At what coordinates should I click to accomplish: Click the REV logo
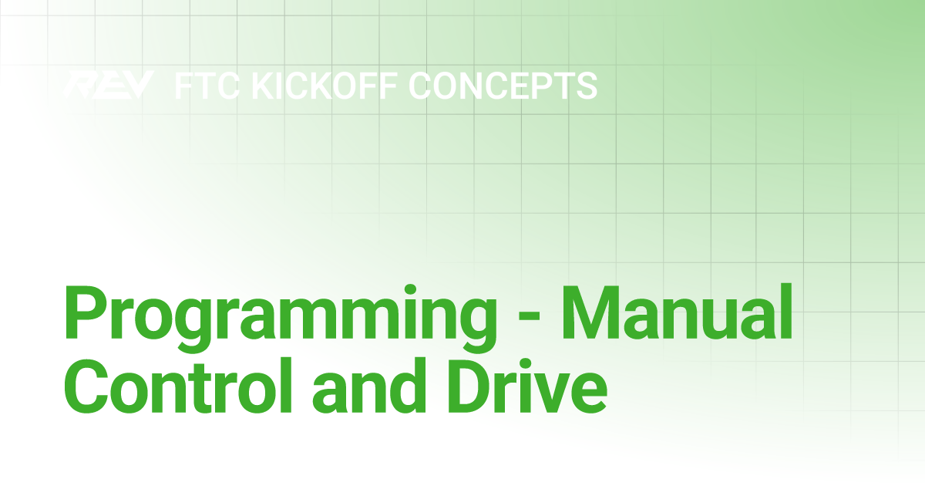(x=108, y=85)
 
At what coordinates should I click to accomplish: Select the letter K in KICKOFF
(x=266, y=86)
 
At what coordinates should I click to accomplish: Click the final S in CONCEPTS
(x=586, y=86)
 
